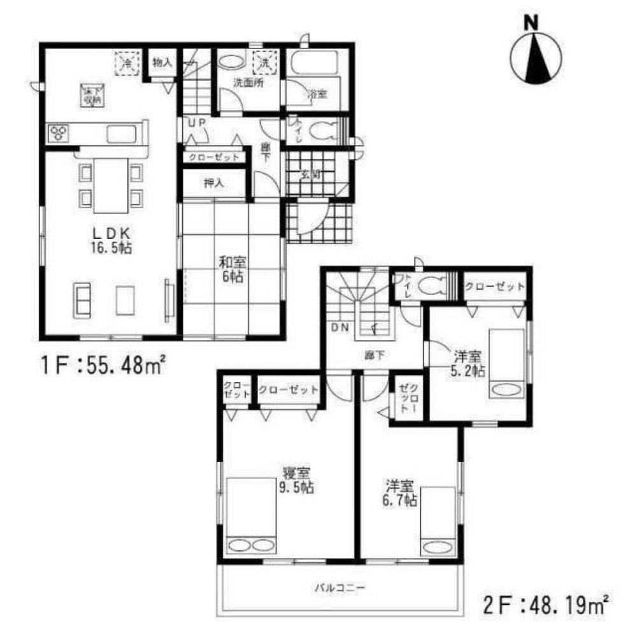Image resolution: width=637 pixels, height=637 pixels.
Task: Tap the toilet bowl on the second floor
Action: tap(431, 286)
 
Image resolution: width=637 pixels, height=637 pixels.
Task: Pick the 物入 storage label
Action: tap(162, 62)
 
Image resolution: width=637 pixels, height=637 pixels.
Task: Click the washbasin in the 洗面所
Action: tap(231, 63)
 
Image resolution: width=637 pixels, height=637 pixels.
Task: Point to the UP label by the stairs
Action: tap(195, 123)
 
